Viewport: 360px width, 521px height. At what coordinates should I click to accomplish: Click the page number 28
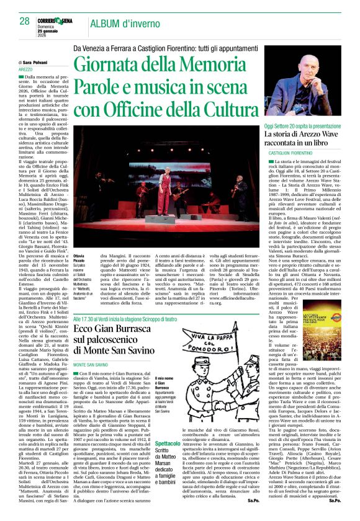(24, 20)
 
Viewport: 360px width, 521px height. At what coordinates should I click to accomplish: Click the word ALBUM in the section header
(107, 24)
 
